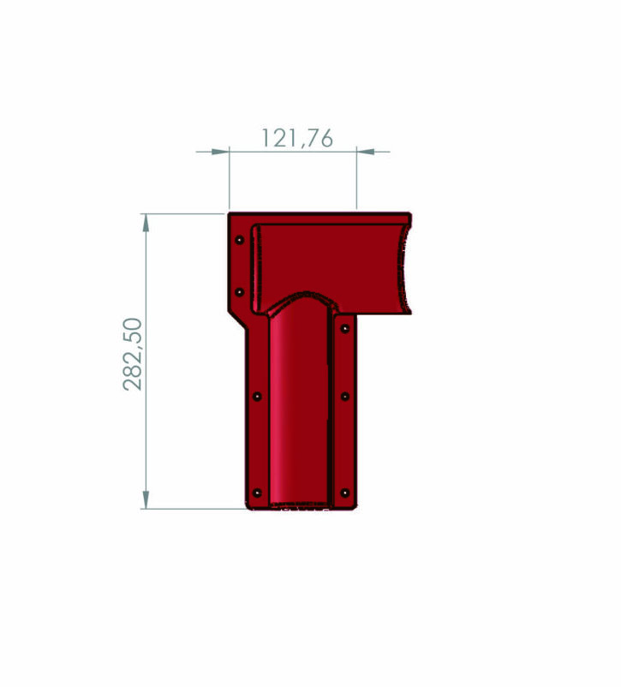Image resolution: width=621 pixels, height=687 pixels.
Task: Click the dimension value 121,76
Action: tap(297, 138)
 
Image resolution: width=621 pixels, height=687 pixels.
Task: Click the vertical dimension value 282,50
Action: tap(133, 354)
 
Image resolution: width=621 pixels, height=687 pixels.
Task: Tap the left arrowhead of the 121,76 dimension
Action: tap(220, 152)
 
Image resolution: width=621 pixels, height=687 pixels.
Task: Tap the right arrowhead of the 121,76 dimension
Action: tap(366, 152)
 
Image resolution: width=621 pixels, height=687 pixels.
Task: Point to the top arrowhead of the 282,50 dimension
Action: tap(146, 223)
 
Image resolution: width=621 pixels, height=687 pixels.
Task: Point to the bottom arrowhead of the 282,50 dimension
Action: tap(146, 500)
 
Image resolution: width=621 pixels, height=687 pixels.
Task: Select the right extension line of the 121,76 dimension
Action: tap(356, 178)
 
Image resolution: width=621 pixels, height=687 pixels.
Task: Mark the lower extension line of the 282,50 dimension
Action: tap(194, 509)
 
